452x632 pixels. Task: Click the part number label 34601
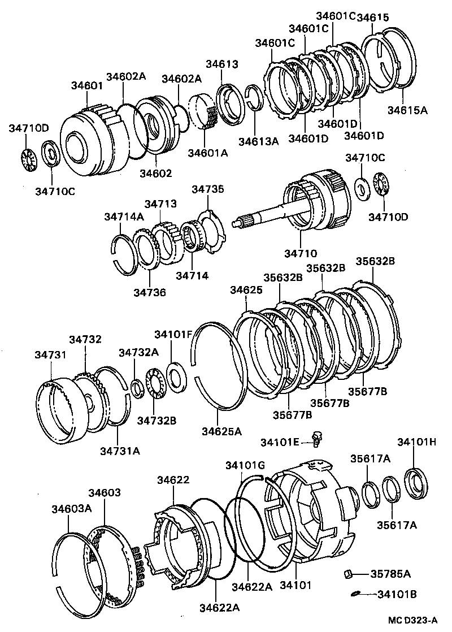click(86, 85)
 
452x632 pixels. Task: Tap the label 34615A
click(407, 110)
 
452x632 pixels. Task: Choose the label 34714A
click(124, 217)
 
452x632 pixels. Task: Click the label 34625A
click(221, 431)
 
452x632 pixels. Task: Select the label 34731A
click(120, 450)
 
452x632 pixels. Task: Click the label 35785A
click(390, 574)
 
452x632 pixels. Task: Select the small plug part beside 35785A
click(349, 574)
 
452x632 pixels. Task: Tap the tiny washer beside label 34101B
click(355, 593)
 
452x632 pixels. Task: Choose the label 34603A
click(71, 508)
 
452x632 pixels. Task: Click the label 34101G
click(245, 465)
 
